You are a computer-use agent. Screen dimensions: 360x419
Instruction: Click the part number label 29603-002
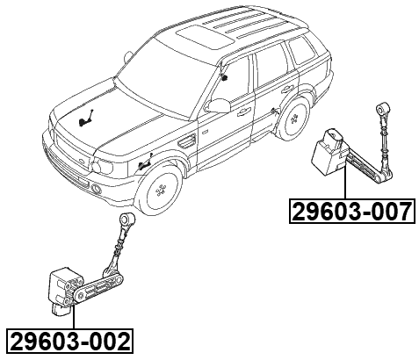[x=69, y=340]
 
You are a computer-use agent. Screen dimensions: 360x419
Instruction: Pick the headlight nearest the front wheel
[x=113, y=166]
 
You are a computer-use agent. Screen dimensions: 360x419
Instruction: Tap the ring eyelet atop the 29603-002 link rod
[x=126, y=219]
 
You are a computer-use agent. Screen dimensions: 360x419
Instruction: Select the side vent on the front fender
[x=186, y=140]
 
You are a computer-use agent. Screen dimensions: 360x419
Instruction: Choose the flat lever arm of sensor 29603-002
[x=97, y=282]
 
